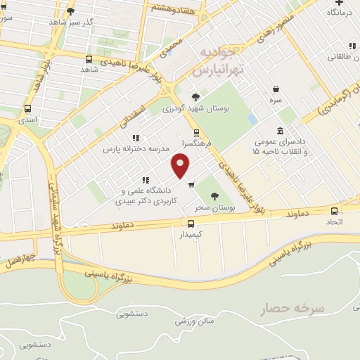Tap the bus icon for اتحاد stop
pos(334,210)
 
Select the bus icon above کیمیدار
pos(191,222)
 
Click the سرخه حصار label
pos(290,308)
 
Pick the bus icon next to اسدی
pos(27,109)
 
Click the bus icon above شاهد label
pos(89,59)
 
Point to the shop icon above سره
pos(276,89)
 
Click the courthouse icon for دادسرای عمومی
pos(281,131)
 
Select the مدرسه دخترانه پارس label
pos(134,149)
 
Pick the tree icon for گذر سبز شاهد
pos(70,11)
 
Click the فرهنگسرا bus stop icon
pos(195,131)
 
